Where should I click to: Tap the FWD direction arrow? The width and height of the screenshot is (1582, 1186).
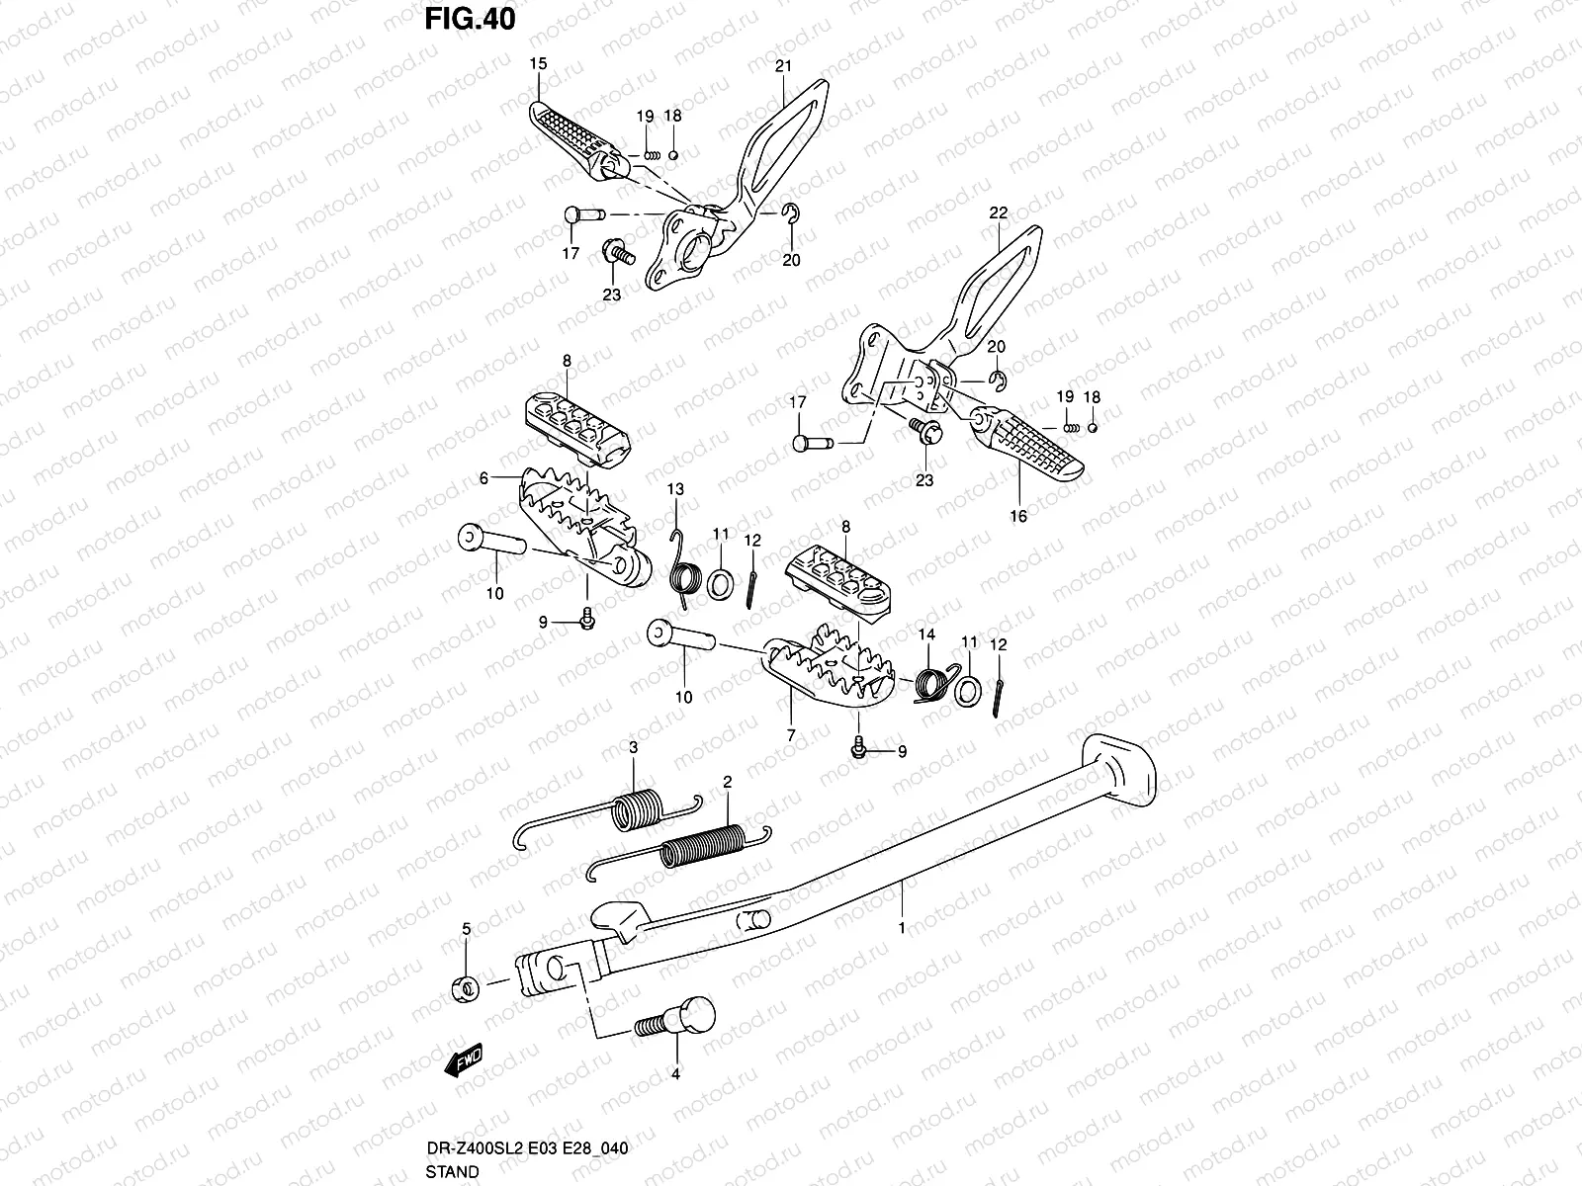pyautogui.click(x=463, y=1060)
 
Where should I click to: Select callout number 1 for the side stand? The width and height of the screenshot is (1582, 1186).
pyautogui.click(x=901, y=928)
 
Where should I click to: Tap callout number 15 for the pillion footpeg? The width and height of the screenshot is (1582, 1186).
pyautogui.click(x=538, y=63)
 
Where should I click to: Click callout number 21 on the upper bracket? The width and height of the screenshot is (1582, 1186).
pyautogui.click(x=783, y=67)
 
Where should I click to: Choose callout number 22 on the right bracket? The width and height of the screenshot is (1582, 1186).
pyautogui.click(x=997, y=212)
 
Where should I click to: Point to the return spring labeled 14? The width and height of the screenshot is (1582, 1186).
pyautogui.click(x=930, y=682)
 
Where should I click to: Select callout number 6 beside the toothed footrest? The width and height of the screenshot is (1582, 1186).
pyautogui.click(x=483, y=478)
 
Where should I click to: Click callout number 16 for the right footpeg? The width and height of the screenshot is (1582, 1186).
pyautogui.click(x=1018, y=516)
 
